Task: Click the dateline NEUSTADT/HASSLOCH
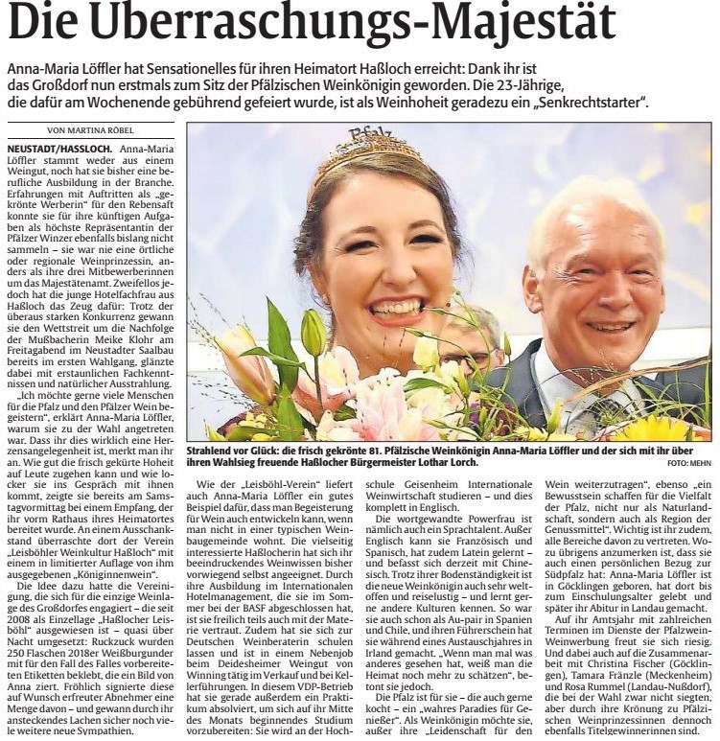tap(58, 151)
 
